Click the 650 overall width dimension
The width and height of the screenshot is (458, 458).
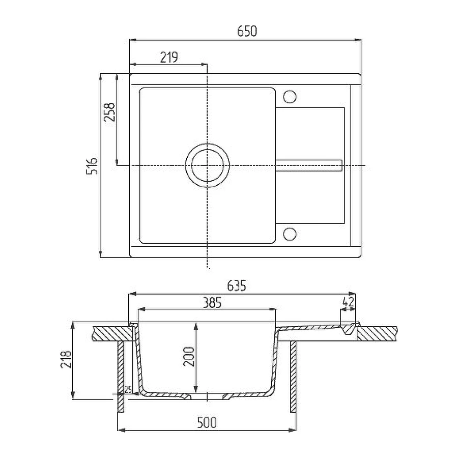(247, 31)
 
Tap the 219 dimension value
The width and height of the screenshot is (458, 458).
(169, 57)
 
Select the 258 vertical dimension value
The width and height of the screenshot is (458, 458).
(110, 112)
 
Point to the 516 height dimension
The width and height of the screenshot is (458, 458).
(92, 166)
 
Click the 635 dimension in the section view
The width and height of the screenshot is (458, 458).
(237, 285)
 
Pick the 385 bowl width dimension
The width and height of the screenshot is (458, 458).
(212, 303)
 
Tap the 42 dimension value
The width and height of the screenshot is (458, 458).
(348, 302)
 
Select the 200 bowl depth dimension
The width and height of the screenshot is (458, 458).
(189, 356)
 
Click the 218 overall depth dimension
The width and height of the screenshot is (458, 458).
(66, 359)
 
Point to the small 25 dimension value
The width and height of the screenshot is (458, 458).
(128, 389)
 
